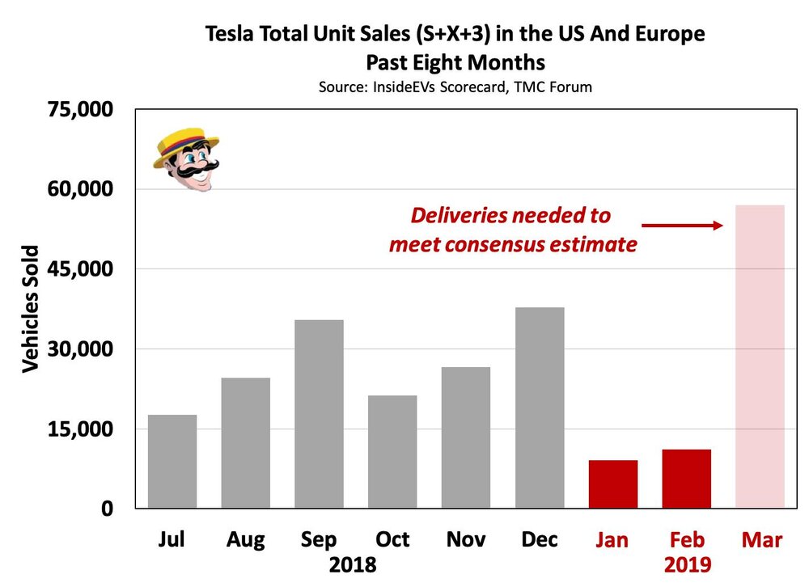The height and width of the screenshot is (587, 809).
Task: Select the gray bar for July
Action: pos(172,462)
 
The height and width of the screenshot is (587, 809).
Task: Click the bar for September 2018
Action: pos(319,414)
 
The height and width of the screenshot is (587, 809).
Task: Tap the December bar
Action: pos(540,408)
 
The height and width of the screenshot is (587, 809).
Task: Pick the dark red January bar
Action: pos(613,484)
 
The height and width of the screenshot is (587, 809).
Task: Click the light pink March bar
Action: pos(760,357)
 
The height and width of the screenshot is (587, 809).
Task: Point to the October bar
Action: pos(392,452)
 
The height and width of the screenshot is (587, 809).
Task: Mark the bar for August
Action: pos(245,443)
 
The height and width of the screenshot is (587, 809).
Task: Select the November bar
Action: pos(466,437)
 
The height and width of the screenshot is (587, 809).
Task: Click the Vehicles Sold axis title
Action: pos(30,308)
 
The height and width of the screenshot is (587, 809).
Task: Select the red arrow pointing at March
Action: pos(682,226)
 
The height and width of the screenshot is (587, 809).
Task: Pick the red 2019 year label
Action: pos(687,564)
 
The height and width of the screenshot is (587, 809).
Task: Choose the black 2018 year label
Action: pos(353,564)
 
